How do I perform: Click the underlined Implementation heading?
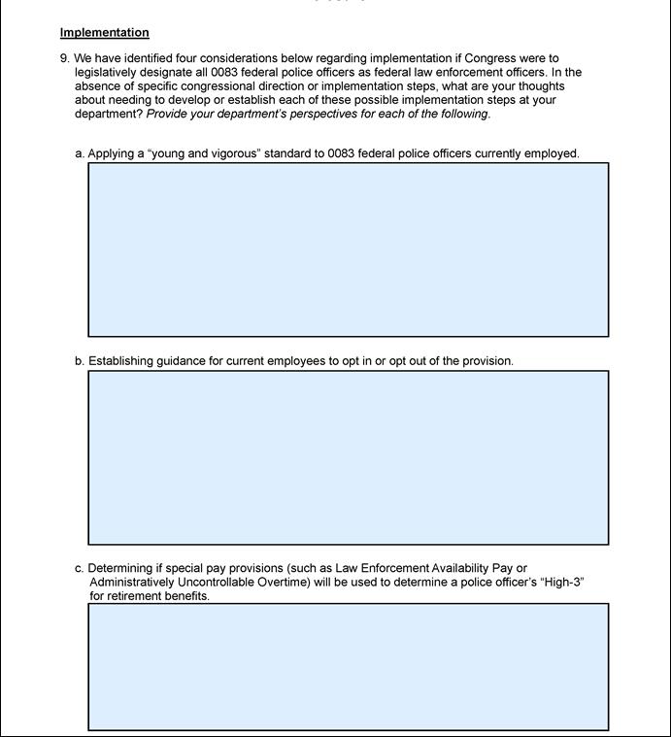point(104,33)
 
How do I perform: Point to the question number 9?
point(63,58)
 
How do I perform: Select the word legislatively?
point(107,72)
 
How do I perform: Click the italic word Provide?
point(168,114)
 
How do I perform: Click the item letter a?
point(79,153)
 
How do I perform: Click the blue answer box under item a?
point(349,250)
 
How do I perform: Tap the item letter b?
point(79,361)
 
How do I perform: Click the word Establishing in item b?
point(120,361)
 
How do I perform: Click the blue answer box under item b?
point(349,457)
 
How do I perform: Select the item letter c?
point(79,569)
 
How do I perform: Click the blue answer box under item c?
point(349,666)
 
